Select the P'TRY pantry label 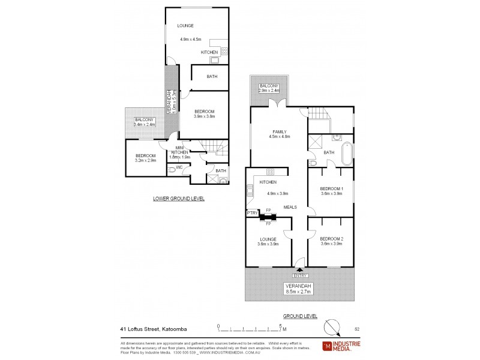coord(252,212)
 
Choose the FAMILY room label coord(279,131)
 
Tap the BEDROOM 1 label coord(332,188)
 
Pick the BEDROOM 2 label coord(332,238)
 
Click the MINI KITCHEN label coord(179,151)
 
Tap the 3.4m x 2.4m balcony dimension coord(144,124)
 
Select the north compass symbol coord(331,327)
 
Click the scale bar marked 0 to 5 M coord(251,329)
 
